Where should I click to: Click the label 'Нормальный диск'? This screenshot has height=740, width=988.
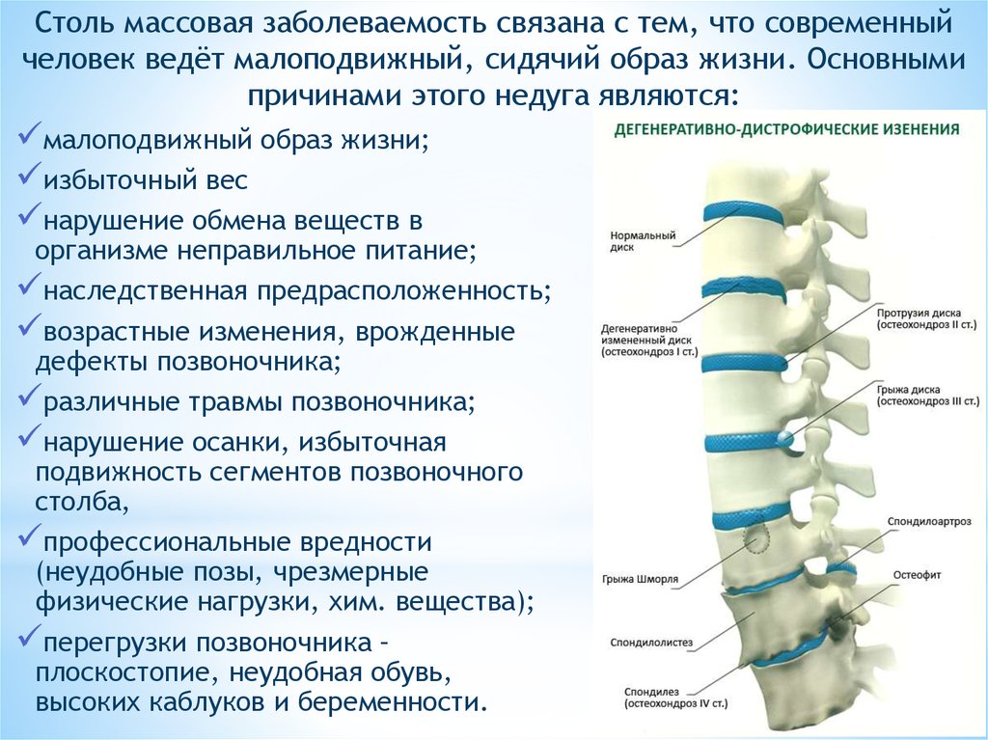pos(634,241)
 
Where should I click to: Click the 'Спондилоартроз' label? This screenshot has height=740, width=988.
pos(929,522)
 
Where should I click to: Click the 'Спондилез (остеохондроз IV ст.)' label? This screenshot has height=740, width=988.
pos(676,698)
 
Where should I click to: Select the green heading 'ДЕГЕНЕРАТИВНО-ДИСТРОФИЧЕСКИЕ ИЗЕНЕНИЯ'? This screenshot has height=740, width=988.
pos(786,130)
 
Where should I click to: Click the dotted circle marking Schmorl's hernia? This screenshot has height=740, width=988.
pos(755,537)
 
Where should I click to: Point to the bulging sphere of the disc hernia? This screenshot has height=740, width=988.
pos(784,438)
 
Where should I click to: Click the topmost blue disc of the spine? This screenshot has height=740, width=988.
pos(744,212)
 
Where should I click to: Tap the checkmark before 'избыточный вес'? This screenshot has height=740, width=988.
pos(30,176)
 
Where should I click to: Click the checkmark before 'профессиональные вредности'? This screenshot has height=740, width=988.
pos(30,535)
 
